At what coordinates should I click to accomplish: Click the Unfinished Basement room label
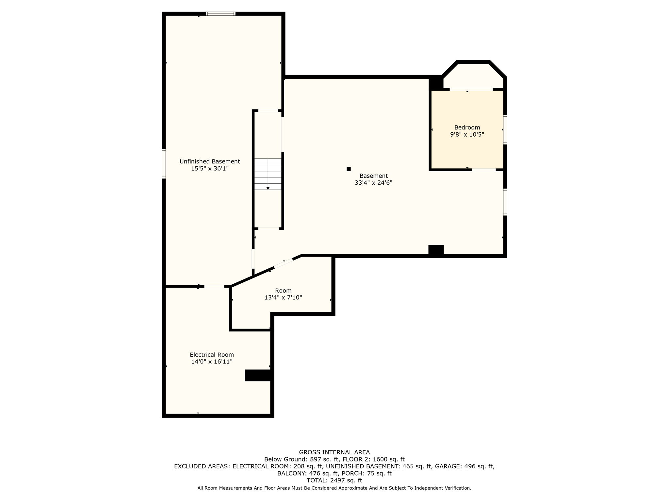click(210, 161)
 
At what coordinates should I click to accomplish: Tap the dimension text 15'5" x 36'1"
click(210, 169)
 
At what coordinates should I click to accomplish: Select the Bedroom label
click(467, 127)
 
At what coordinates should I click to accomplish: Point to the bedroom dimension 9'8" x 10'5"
click(467, 134)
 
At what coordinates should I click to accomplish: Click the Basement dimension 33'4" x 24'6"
click(373, 183)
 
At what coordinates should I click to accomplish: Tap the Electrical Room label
click(212, 355)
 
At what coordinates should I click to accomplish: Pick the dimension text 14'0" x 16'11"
click(212, 361)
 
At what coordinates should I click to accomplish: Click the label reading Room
click(283, 291)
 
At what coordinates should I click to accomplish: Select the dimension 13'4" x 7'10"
click(283, 297)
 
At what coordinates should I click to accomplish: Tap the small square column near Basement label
click(349, 169)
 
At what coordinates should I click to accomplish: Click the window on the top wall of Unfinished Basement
click(220, 14)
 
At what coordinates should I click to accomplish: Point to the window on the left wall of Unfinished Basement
click(164, 164)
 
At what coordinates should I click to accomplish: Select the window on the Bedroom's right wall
click(505, 129)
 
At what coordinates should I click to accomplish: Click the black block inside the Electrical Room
click(258, 375)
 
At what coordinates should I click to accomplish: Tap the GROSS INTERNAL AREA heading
click(334, 452)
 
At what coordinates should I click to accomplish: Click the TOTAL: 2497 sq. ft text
click(334, 480)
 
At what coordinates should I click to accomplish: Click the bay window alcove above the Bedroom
click(473, 76)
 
